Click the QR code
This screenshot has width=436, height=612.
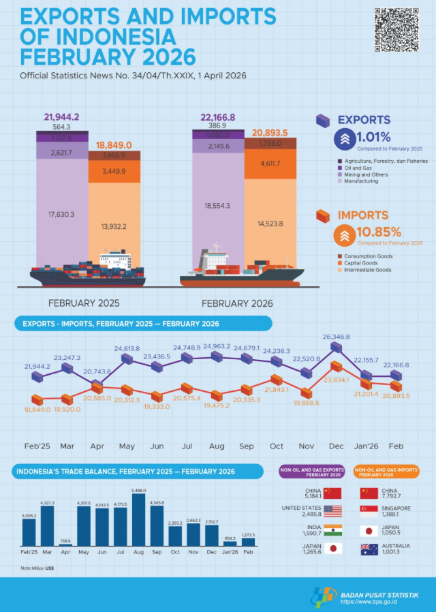tap(397, 31)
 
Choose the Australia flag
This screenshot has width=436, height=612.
tap(369, 549)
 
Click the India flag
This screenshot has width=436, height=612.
tap(332, 530)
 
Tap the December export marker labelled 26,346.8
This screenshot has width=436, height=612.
tap(335, 347)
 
